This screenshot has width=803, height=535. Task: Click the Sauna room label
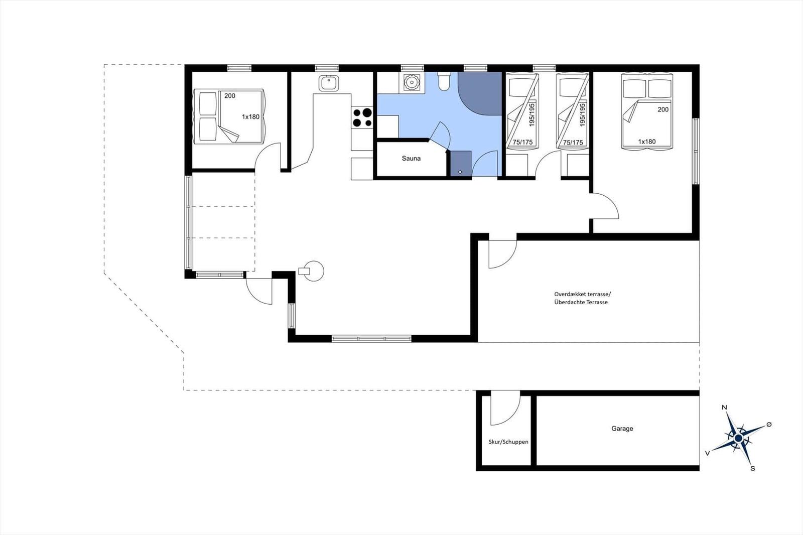pos(411,158)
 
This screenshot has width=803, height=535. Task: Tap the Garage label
pos(622,429)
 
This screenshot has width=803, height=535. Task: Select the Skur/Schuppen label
pos(508,442)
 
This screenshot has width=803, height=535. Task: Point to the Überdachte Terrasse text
pos(581,302)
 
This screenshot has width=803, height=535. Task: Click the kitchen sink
pos(329,83)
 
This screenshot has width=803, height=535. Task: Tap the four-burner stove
pos(362,117)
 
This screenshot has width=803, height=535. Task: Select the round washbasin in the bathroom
pos(412,82)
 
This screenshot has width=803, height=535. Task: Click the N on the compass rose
pos(724,408)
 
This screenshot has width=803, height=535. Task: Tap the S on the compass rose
pos(753,468)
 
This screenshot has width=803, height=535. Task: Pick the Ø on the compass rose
pos(768,425)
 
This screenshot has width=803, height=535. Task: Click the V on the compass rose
pos(707,453)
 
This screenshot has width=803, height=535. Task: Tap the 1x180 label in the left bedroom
pos(250,117)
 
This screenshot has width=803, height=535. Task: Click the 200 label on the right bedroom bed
pos(663,109)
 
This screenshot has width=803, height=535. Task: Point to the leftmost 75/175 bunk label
pos(522,143)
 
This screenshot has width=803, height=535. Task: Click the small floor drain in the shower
pos(460,172)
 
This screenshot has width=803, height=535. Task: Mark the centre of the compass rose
pos(738,438)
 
